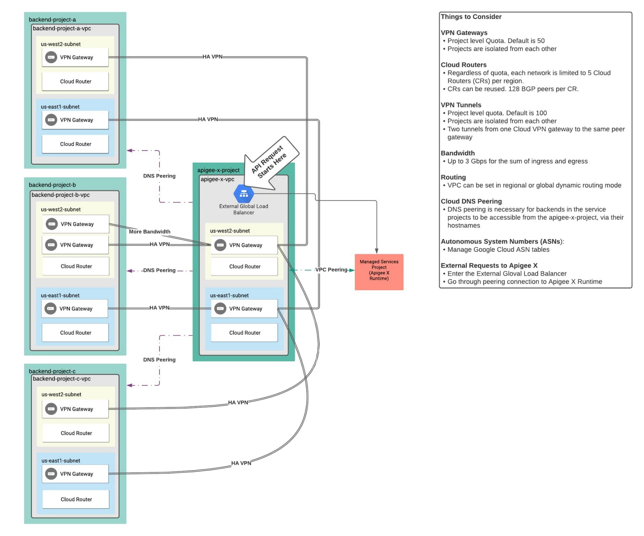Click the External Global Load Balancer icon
coord(244,194)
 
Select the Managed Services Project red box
coord(379,272)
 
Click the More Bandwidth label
coord(149,232)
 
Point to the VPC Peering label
coord(331,270)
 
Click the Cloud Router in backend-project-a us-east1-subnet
coord(75,144)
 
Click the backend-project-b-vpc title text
coord(61,195)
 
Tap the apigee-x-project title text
coord(218,170)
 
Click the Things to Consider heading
coord(471,17)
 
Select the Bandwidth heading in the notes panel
coord(458,153)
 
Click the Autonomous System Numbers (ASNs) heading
coord(502,241)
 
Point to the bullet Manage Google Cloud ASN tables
coord(498,249)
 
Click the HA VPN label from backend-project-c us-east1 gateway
coord(241,463)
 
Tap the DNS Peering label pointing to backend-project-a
coord(159,176)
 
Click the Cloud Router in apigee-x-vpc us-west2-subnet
coord(244,266)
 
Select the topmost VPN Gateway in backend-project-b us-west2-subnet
coord(76,224)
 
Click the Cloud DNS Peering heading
coord(471,201)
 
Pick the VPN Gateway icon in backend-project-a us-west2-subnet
coord(51,57)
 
